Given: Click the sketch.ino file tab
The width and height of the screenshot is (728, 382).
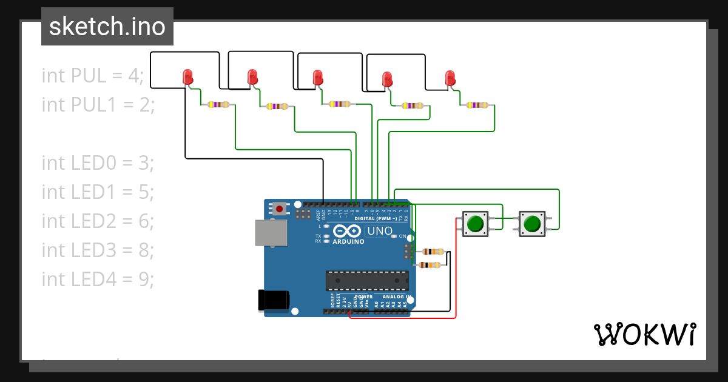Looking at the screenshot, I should [x=107, y=27].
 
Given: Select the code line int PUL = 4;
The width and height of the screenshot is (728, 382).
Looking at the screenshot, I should [x=93, y=76].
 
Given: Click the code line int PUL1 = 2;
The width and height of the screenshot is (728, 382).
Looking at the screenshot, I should [x=99, y=105].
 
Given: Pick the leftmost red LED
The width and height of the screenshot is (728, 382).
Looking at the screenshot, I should [x=187, y=77].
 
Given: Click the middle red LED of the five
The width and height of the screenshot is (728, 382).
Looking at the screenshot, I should [x=317, y=78].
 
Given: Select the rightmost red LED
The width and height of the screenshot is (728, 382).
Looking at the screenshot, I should [x=450, y=78].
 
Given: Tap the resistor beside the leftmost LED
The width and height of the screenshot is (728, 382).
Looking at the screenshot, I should [x=218, y=105].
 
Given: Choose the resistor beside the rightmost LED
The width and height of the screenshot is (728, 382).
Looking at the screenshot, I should [x=477, y=105].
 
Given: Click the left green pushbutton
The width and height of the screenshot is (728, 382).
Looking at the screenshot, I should [x=475, y=224].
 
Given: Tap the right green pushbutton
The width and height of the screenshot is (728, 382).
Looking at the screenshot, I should [x=532, y=224].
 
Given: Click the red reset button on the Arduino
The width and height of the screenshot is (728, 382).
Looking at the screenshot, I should [x=279, y=209].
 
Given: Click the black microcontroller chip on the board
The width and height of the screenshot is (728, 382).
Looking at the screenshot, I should [x=367, y=280].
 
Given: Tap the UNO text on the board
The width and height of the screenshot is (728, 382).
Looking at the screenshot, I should [x=380, y=232].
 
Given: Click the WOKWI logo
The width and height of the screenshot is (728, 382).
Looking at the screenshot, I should [x=644, y=334].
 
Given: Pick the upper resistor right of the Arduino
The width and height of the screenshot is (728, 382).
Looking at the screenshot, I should [x=433, y=252].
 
